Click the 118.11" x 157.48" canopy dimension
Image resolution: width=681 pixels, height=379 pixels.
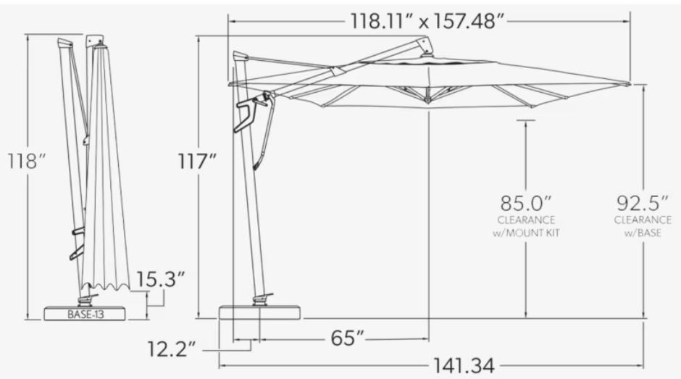[x=428, y=20]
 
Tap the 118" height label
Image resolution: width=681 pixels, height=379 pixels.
[x=27, y=162]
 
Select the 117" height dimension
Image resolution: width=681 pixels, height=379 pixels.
[x=197, y=162]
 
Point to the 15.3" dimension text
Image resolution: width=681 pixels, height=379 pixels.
[x=161, y=279]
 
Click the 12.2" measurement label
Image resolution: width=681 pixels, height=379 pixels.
[x=172, y=349]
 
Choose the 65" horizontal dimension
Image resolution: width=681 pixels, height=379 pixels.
[x=348, y=338]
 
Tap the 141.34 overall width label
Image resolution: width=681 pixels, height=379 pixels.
[x=464, y=366]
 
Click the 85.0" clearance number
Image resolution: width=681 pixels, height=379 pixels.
[x=526, y=204]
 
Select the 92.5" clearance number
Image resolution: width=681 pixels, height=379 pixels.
[x=643, y=204]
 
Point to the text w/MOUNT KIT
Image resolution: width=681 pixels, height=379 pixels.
[x=526, y=233]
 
